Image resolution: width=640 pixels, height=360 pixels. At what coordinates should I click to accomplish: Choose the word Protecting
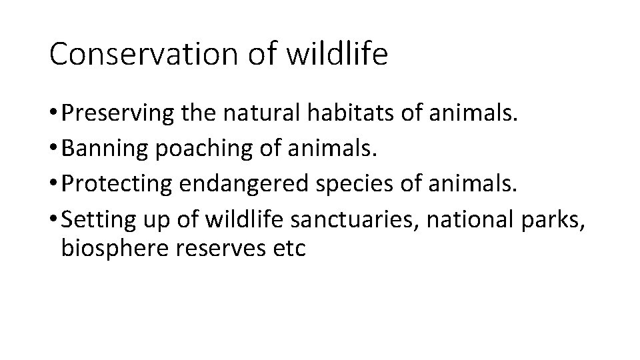pyautogui.click(x=116, y=185)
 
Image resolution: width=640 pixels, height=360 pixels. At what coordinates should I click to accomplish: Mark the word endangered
pyautogui.click(x=235, y=185)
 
